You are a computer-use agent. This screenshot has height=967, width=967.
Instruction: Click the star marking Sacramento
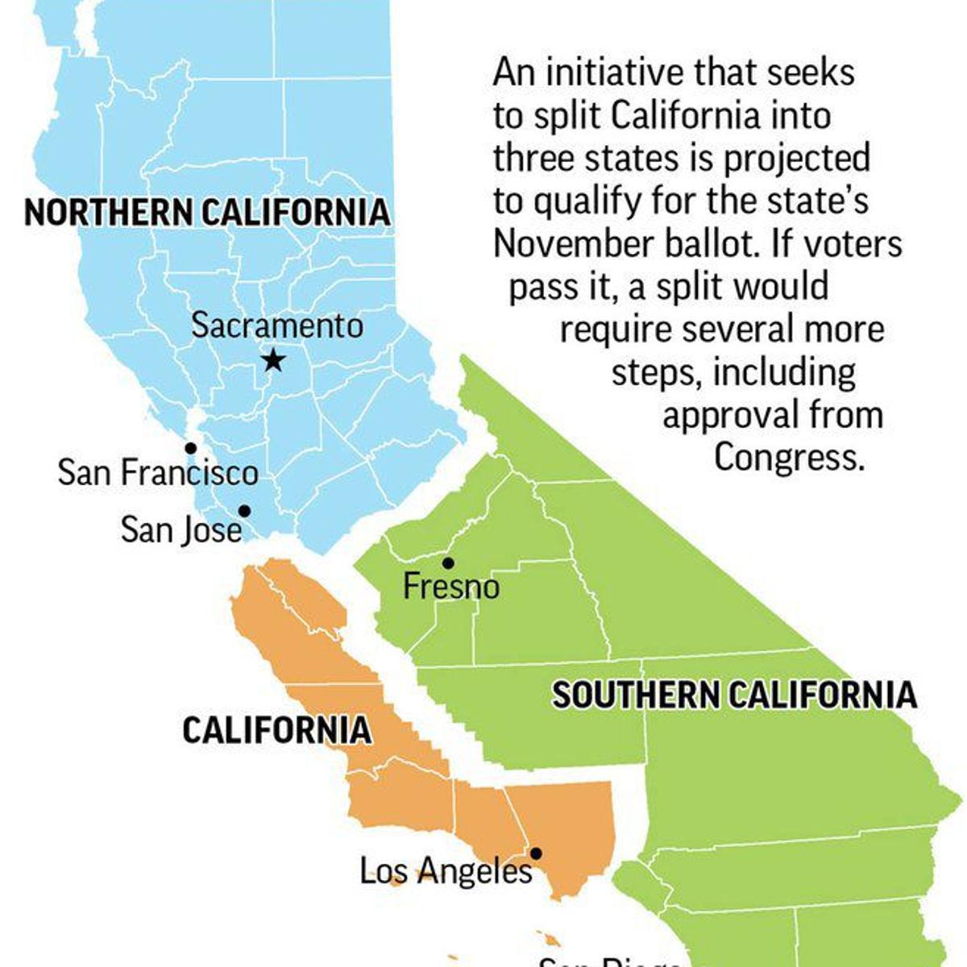point(274,360)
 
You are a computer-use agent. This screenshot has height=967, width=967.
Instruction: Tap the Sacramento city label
point(277,326)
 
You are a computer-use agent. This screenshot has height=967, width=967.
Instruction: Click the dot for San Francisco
point(190,447)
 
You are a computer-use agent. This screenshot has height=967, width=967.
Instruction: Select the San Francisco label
point(158,473)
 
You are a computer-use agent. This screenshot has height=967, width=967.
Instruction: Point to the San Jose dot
point(243,511)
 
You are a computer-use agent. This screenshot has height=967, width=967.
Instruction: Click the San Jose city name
point(181,530)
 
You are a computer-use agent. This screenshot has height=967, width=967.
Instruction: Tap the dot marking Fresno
point(448,562)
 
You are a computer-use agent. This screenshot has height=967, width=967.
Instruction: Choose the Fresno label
point(450,586)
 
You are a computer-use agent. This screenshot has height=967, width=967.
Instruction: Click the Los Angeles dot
point(536,853)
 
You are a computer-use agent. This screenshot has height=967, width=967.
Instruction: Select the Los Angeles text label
point(446,871)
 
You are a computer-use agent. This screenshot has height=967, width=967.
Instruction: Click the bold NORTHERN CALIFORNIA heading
point(207,214)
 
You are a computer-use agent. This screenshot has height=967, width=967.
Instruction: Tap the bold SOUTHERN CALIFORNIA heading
point(733,695)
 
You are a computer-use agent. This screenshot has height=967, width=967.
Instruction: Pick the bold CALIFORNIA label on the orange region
point(276,731)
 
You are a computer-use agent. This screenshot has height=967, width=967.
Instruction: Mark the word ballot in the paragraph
point(720,244)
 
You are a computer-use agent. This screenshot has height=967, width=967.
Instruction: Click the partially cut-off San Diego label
point(612,961)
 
